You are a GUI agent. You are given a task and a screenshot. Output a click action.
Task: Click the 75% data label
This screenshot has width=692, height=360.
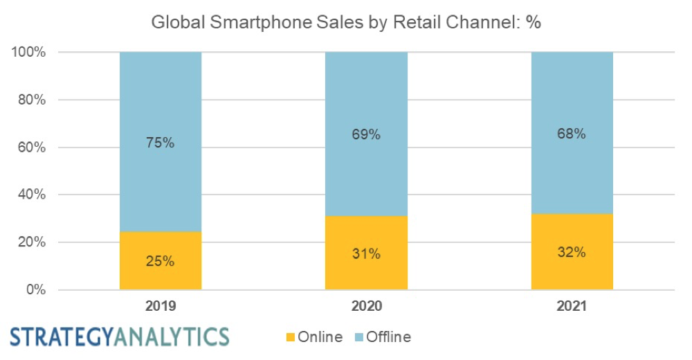161,143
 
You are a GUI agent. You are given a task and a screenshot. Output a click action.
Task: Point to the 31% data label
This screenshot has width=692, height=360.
366,254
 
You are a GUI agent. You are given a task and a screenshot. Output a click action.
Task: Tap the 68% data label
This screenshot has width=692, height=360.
572,134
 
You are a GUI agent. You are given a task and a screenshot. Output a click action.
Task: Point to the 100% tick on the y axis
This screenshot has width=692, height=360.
28,53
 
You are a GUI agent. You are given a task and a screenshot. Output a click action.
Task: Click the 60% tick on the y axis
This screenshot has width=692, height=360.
30,147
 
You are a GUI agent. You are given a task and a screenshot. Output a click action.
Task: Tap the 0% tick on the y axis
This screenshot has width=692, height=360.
34,290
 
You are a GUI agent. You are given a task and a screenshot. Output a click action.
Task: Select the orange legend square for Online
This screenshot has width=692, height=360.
289,338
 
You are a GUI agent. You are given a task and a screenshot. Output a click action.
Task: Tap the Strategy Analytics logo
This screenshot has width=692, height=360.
119,336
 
